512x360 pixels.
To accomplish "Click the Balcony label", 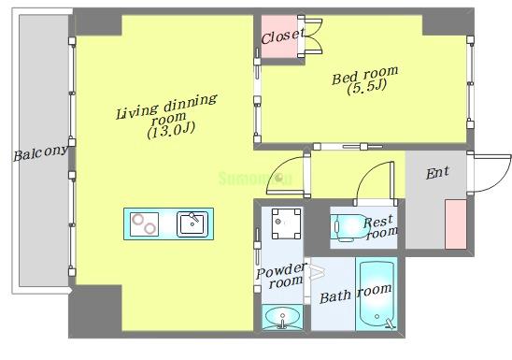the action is pyautogui.click(x=41, y=153).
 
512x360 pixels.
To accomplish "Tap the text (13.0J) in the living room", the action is pyautogui.click(x=171, y=130).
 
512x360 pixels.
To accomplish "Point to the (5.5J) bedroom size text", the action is pyautogui.click(x=367, y=87).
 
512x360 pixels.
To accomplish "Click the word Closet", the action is pyautogui.click(x=283, y=36).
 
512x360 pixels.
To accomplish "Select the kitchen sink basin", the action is pyautogui.click(x=192, y=224).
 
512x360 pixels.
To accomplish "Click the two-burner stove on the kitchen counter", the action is pyautogui.click(x=144, y=224).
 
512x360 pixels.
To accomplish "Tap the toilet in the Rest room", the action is pyautogui.click(x=348, y=227).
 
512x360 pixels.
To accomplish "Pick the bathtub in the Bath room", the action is pyautogui.click(x=377, y=294).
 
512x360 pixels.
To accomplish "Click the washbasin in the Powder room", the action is pyautogui.click(x=282, y=317).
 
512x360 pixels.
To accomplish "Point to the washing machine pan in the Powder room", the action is pyautogui.click(x=287, y=223).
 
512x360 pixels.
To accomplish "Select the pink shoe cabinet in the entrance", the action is pyautogui.click(x=456, y=224).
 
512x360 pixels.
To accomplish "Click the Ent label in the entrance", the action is pyautogui.click(x=437, y=173).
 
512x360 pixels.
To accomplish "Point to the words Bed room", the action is pyautogui.click(x=364, y=76).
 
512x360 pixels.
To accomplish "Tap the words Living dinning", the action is pyautogui.click(x=166, y=107).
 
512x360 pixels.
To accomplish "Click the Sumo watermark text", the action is pyautogui.click(x=255, y=179).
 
